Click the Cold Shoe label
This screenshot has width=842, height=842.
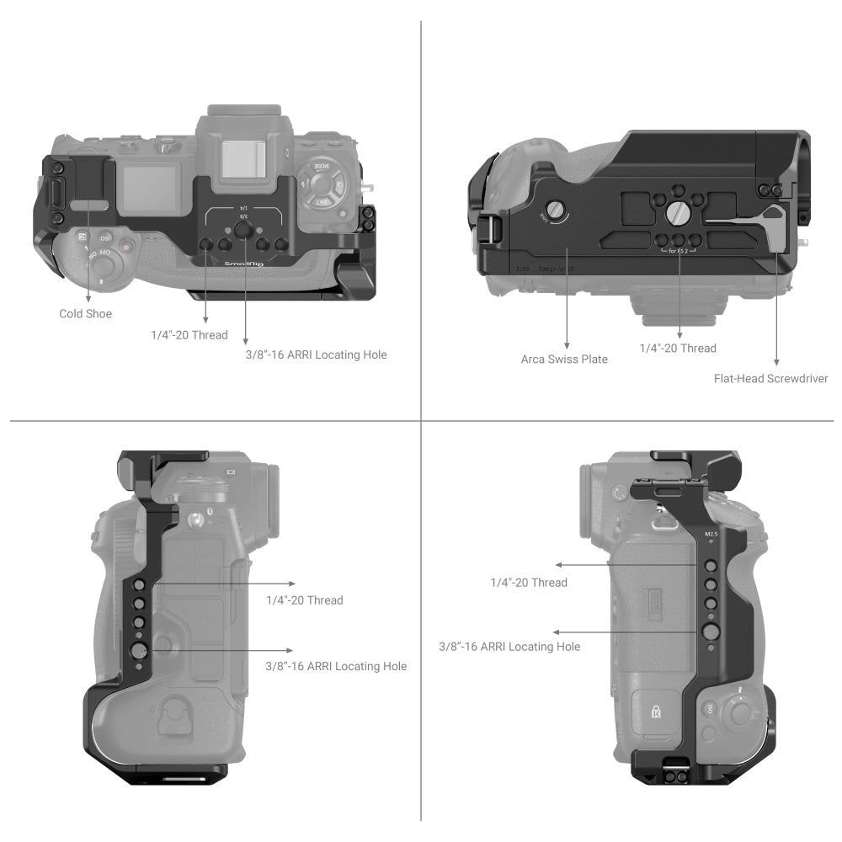[85, 314]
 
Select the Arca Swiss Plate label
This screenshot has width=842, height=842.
[564, 360]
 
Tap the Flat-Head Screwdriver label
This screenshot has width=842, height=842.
[770, 379]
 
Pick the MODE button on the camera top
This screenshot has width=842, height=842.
[321, 167]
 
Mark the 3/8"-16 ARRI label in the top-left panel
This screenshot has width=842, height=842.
[316, 355]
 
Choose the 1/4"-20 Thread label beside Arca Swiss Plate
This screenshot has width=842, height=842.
[678, 349]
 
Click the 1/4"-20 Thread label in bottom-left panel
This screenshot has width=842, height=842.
[304, 600]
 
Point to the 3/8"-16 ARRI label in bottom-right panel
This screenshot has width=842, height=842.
[509, 647]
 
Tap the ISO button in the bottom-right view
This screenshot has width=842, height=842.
[711, 711]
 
